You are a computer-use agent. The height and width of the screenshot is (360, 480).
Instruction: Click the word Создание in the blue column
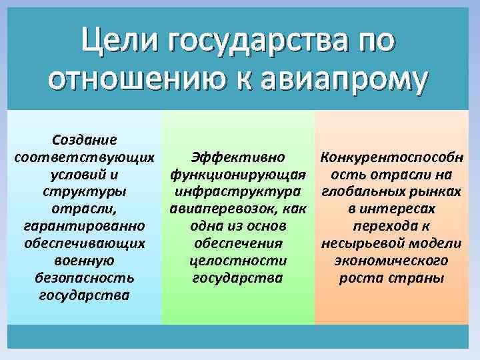[85, 140]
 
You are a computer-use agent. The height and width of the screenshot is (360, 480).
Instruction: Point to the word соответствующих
[85, 157]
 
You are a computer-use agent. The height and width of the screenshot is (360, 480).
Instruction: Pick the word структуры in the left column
[85, 192]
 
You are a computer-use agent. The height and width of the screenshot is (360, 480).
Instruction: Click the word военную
[85, 261]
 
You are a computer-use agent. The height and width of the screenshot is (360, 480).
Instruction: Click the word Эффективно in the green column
[238, 157]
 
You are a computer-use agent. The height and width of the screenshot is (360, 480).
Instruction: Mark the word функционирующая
[238, 175]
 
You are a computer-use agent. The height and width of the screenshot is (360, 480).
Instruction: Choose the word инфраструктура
[238, 192]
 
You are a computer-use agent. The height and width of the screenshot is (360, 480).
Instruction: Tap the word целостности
[238, 261]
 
